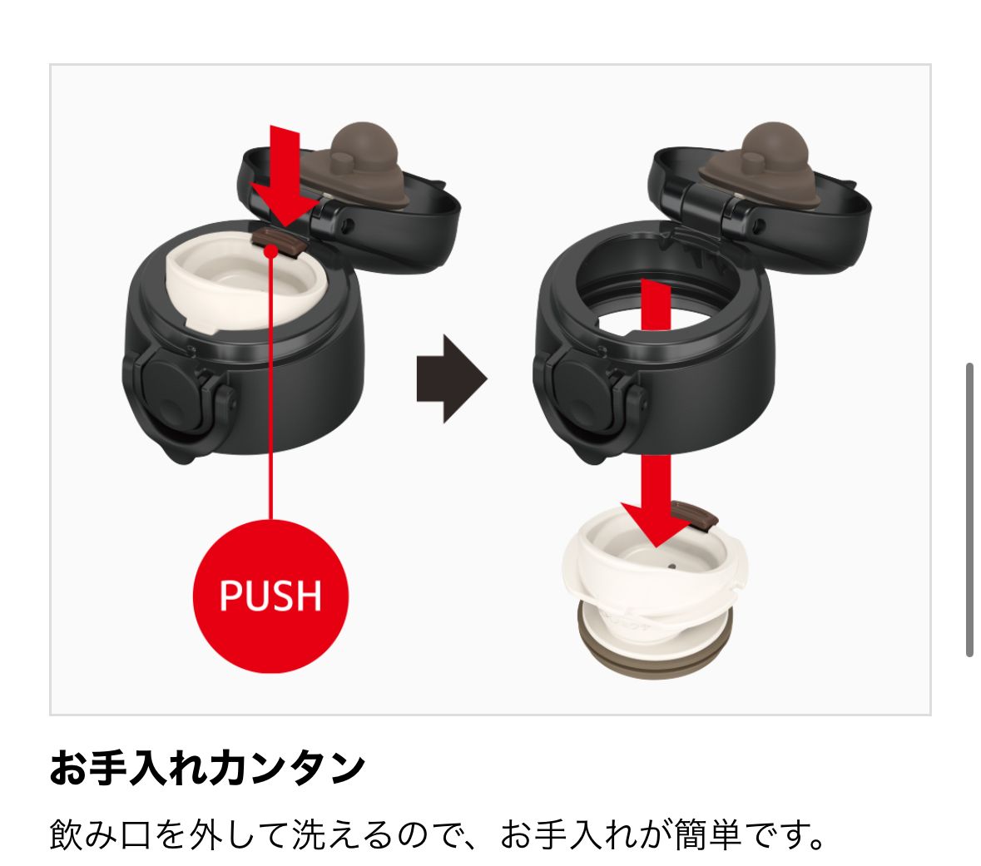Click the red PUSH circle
tap(270, 595)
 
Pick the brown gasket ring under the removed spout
tap(654, 651)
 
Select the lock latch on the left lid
tap(178, 394)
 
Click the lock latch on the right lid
tap(588, 394)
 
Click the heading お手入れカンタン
tap(207, 768)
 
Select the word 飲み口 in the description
tap(100, 834)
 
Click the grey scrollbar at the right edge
tap(969, 509)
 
